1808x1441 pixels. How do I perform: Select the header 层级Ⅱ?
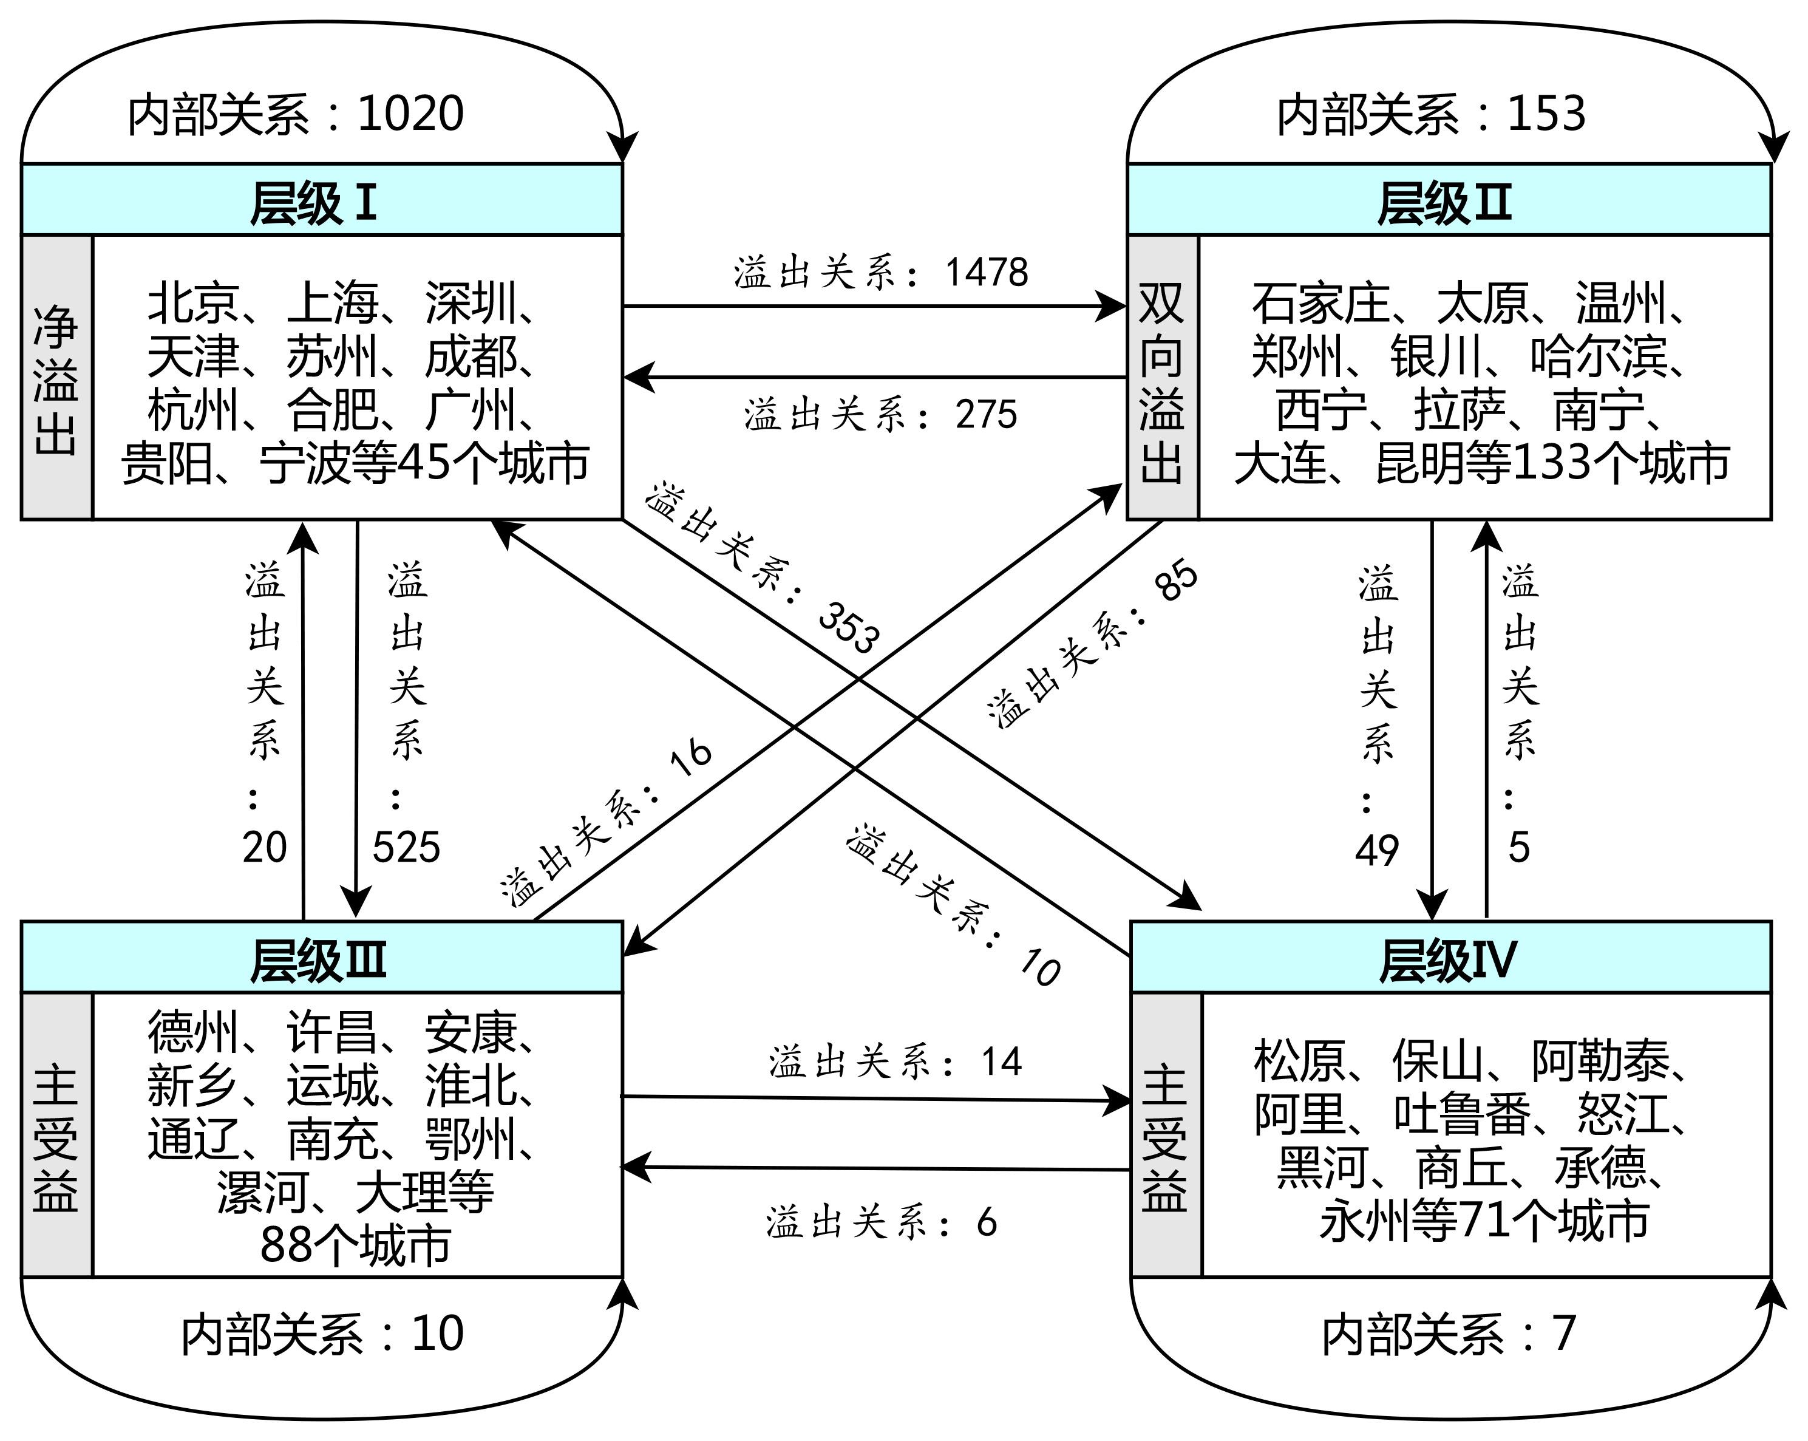coord(1444,203)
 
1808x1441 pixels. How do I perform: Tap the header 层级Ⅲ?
coord(319,961)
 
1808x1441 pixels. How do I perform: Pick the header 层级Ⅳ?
coord(1448,961)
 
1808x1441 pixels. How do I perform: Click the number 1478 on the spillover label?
coord(986,273)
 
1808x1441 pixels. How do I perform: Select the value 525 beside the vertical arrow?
coord(406,847)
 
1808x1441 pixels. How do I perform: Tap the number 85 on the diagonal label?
coord(1177,579)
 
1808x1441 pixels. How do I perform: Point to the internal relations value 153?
coord(1546,114)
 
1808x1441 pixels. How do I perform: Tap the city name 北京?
coord(194,303)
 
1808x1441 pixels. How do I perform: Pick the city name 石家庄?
coord(1320,303)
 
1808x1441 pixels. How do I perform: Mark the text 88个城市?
coord(356,1245)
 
